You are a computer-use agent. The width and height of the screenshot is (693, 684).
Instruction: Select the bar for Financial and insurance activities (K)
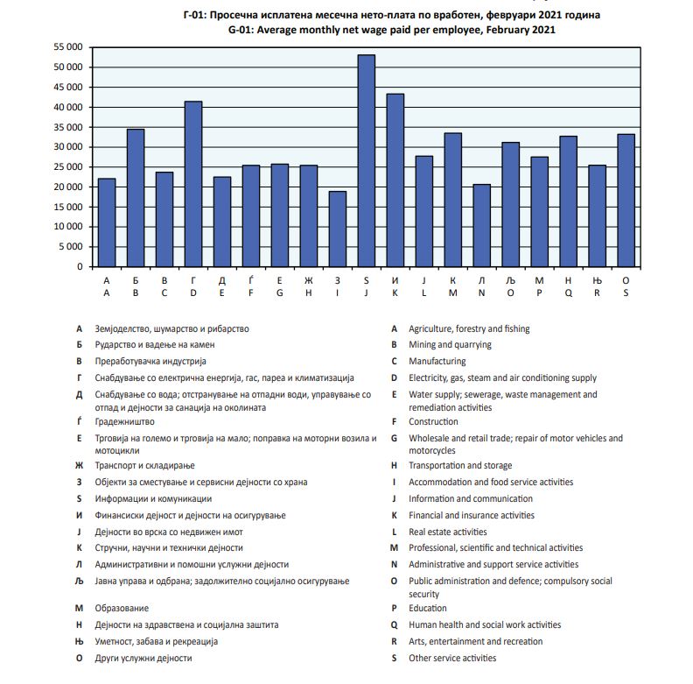[x=395, y=180]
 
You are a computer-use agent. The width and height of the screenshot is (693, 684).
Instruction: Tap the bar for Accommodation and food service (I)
[x=337, y=229]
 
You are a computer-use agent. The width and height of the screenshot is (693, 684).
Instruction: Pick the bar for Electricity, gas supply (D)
[x=193, y=184]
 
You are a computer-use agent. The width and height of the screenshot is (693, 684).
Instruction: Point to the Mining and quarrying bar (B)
[x=136, y=198]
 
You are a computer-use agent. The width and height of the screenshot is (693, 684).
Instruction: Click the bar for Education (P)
[x=539, y=211]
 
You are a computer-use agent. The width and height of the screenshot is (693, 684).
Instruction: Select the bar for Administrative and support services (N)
[x=481, y=225]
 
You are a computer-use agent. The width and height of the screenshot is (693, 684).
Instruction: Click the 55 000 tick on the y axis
[x=66, y=47]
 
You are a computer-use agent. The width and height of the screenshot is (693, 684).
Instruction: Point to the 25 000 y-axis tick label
[x=66, y=166]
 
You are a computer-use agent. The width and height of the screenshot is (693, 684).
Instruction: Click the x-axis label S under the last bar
[x=625, y=293]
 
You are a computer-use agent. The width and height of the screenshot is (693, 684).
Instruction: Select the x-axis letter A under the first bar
[x=107, y=293]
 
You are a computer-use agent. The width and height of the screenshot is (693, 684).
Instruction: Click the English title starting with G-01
[x=392, y=30]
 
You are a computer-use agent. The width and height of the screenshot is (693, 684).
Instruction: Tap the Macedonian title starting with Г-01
[x=392, y=16]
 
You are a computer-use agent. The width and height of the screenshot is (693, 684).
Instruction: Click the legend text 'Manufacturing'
[x=437, y=361]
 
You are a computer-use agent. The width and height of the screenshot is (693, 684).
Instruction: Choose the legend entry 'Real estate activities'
[x=447, y=532]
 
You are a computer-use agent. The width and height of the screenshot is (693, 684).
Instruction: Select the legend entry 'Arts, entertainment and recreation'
[x=475, y=641]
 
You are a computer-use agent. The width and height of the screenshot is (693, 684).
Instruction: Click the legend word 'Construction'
[x=433, y=422]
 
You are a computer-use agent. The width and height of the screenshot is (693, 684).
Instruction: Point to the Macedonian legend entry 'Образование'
[x=122, y=608]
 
